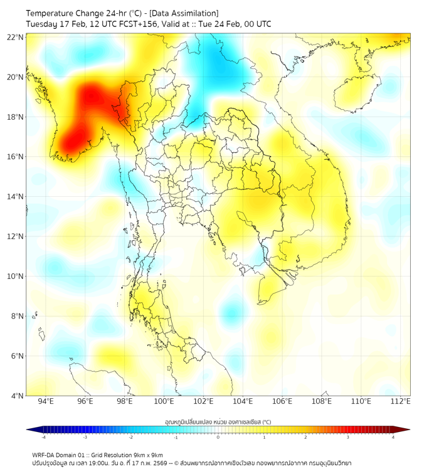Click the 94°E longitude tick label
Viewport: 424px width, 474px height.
click(46, 401)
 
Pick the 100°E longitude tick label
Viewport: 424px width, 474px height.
click(164, 401)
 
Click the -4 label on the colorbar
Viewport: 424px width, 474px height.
click(43, 437)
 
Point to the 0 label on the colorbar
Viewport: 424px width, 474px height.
click(218, 437)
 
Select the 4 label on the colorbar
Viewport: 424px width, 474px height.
click(393, 437)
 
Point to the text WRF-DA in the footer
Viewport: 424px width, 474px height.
click(43, 455)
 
